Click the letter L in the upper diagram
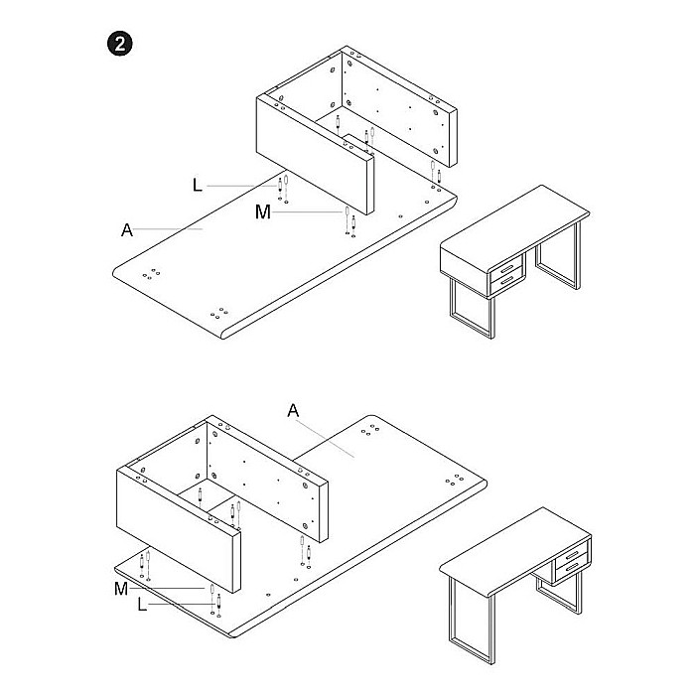pyautogui.click(x=197, y=185)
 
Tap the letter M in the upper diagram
pyautogui.click(x=261, y=211)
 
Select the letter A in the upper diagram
pyautogui.click(x=126, y=230)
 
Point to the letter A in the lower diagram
pyautogui.click(x=292, y=411)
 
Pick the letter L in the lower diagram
pyautogui.click(x=142, y=604)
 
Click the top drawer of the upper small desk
pyautogui.click(x=509, y=267)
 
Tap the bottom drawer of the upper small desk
pyautogui.click(x=509, y=283)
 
